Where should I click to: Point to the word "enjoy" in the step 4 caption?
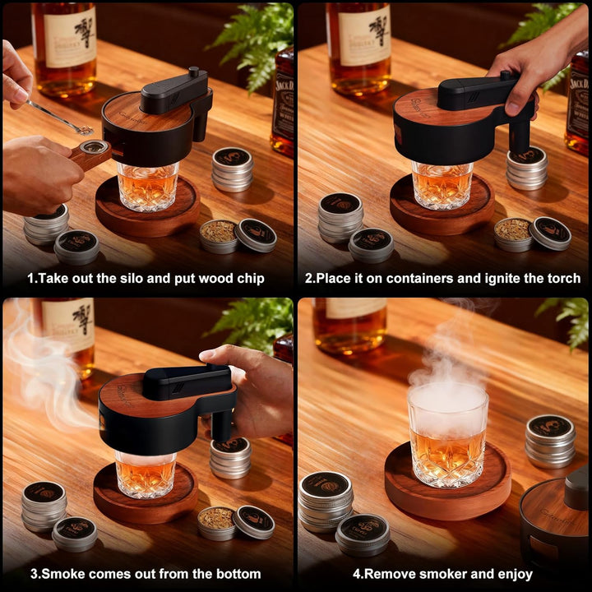click(512, 574)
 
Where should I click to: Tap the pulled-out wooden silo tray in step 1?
click(90, 153)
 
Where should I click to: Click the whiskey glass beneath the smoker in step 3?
click(144, 475)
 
